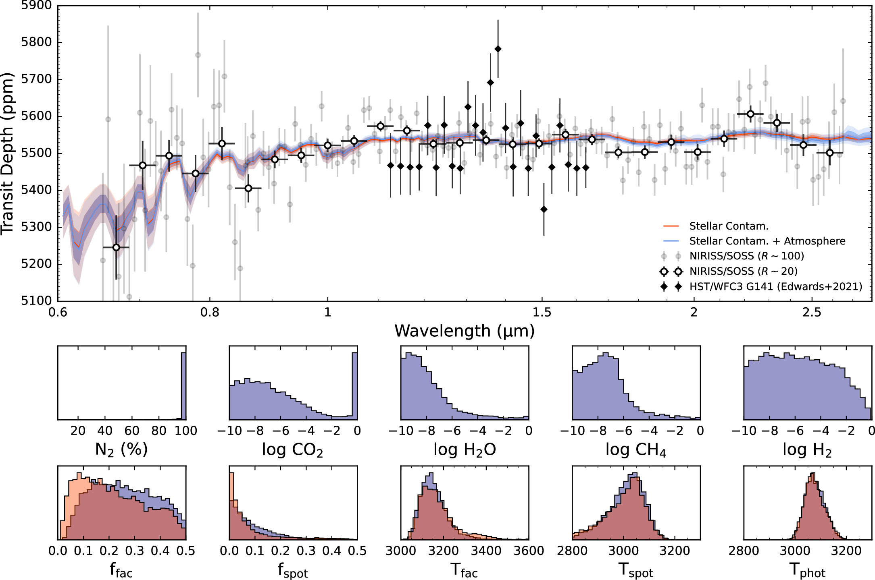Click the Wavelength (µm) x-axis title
(465, 331)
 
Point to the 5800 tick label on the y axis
(36, 42)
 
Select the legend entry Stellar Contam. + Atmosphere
(767, 241)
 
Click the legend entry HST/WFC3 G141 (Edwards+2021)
(775, 286)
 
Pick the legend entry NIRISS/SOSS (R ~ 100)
(746, 256)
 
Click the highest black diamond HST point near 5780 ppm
(498, 49)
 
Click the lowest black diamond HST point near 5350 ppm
(544, 209)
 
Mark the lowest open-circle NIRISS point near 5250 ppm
(116, 247)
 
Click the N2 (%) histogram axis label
(121, 449)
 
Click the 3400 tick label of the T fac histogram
(486, 551)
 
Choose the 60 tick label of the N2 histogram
(132, 431)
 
